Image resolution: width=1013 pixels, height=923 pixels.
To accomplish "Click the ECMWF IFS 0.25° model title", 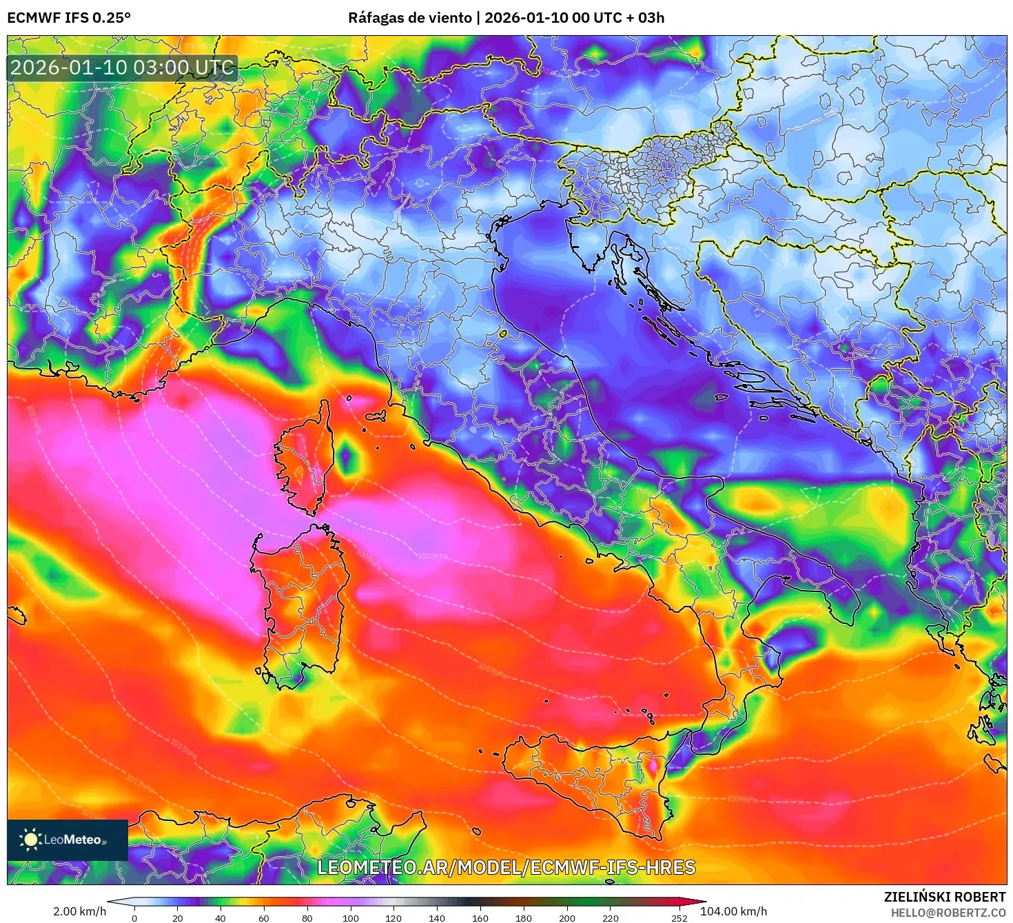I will click(69, 18).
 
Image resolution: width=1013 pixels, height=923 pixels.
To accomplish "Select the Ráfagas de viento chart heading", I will click(506, 18).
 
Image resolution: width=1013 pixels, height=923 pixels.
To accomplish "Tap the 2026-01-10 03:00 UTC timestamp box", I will click(122, 68).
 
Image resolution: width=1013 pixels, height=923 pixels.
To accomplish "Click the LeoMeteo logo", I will click(68, 840).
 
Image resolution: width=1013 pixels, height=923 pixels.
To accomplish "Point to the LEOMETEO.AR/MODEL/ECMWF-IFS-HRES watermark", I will click(506, 867).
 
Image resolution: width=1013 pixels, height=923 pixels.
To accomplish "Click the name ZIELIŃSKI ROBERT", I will click(945, 897).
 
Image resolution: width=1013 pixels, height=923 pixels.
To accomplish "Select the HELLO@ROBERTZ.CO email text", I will click(948, 913).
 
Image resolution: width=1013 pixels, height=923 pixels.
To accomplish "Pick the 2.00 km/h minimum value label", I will click(79, 911).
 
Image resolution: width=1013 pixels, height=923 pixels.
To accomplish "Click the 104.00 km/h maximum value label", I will click(733, 911).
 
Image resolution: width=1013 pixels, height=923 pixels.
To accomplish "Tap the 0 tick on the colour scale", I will click(134, 917).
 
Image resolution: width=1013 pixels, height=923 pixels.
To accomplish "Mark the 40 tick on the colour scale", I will click(221, 917).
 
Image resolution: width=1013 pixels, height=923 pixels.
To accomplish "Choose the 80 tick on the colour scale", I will click(307, 917).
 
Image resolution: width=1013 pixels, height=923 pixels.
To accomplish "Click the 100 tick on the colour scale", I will click(350, 917).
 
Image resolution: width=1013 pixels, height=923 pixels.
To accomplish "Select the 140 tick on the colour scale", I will click(437, 917).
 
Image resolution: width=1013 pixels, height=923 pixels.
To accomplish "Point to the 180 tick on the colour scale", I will click(524, 917).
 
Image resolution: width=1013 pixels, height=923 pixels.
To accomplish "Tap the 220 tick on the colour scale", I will click(610, 917).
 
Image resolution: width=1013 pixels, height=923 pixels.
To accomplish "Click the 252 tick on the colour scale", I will click(679, 917).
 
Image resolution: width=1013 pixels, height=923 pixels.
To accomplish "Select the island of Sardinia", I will click(300, 600).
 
